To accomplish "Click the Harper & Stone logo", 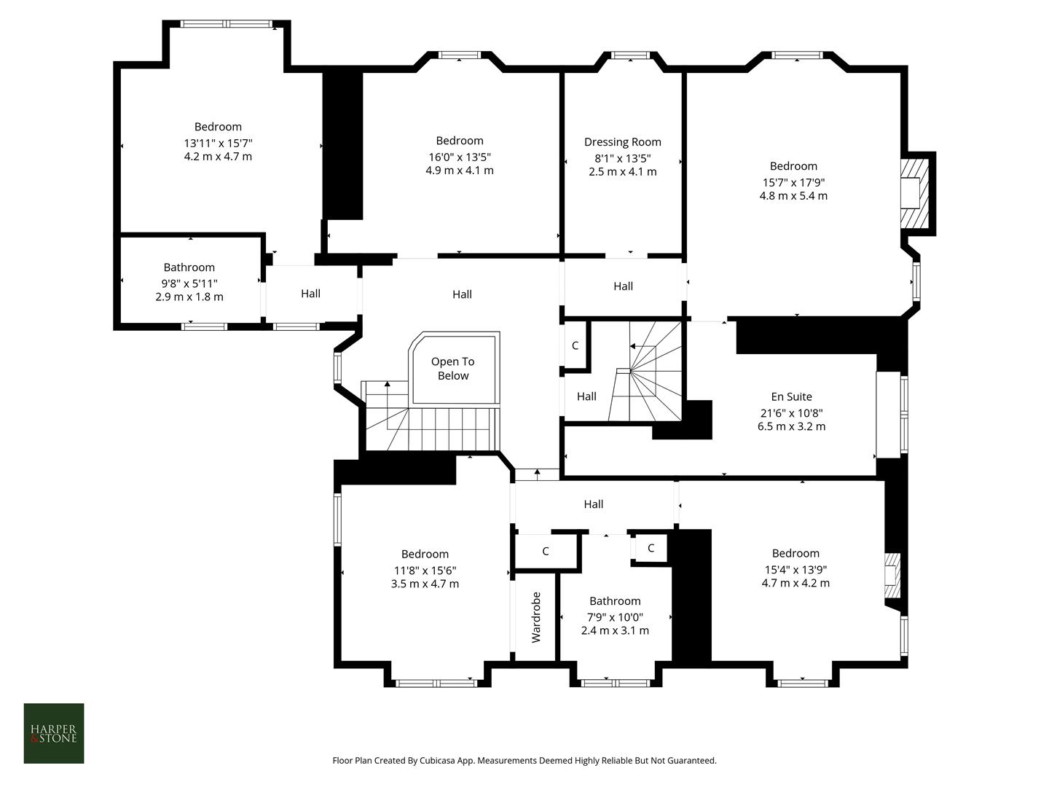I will coord(54,733).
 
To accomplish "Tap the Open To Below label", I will coord(452,369).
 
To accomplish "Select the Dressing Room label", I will coord(623,142).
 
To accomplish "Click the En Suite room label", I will coord(791,397).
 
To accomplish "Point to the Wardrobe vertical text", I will coord(536,617).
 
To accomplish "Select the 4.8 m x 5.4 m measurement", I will coord(793,196).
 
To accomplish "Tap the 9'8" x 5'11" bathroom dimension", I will coord(189,283).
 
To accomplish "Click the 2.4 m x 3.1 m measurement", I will coord(615,630).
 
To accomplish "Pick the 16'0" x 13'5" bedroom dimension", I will coord(460,157).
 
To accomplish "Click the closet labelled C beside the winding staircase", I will coord(575,345).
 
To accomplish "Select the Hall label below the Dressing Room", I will coord(623,286).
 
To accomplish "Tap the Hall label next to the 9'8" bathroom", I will coord(310,294).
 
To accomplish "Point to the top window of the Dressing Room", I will coord(630,55).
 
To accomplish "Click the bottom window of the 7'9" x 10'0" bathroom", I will coord(615,683).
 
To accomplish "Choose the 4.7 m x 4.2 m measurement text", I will coord(795,583).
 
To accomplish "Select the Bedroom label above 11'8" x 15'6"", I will coord(425,555).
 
